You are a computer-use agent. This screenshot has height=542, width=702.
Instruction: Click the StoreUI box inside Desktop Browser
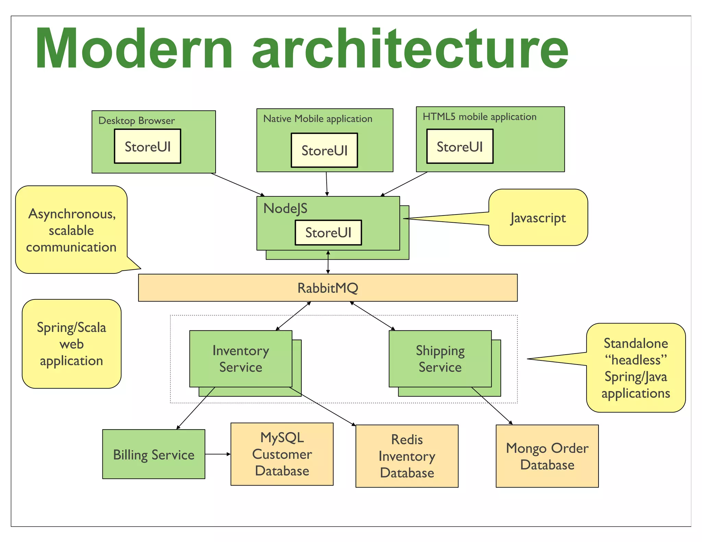click(x=147, y=146)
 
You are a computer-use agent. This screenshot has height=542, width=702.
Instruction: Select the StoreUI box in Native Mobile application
click(x=324, y=150)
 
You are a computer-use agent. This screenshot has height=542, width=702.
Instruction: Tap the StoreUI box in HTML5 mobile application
click(x=460, y=146)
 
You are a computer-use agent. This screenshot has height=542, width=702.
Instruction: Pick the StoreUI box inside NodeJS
click(x=328, y=233)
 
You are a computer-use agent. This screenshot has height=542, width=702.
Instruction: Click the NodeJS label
click(x=285, y=208)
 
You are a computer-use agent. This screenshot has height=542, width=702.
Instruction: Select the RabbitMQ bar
click(x=328, y=288)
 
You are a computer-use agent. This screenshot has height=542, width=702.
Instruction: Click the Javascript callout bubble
click(x=538, y=218)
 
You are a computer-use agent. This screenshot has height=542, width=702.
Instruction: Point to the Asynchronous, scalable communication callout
click(x=71, y=230)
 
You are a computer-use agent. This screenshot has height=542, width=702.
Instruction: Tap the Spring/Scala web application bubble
click(x=71, y=344)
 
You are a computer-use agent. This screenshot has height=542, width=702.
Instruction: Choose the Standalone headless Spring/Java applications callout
click(x=636, y=368)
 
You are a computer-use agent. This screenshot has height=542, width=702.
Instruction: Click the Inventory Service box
click(x=241, y=359)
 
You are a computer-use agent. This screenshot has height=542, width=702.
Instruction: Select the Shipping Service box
click(x=440, y=359)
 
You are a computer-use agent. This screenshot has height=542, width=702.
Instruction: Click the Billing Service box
click(x=154, y=454)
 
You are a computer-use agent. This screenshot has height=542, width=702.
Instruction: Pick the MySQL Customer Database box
click(x=282, y=454)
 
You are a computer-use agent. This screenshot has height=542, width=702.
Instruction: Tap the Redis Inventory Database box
click(x=407, y=456)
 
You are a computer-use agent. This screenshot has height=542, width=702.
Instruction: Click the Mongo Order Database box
click(x=547, y=456)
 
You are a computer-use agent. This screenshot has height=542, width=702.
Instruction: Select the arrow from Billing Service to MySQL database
click(x=218, y=454)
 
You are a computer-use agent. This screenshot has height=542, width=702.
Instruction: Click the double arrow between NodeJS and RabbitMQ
click(x=328, y=262)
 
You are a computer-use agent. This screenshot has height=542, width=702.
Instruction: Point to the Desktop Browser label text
click(x=136, y=121)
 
